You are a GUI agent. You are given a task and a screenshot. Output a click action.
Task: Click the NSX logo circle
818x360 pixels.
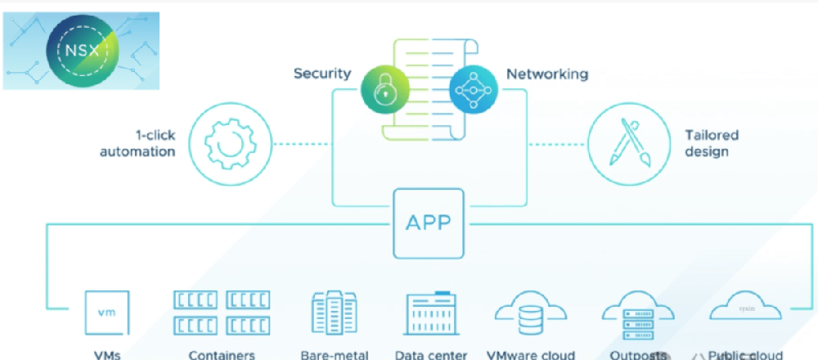pos(82,50)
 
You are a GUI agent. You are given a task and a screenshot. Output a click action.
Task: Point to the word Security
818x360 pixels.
pos(322,74)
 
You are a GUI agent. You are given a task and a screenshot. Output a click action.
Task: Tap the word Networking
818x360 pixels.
pos(547,74)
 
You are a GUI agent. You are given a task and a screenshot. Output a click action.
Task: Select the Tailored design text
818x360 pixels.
pos(712,143)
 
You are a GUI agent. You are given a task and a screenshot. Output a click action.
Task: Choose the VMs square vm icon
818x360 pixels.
pos(106,313)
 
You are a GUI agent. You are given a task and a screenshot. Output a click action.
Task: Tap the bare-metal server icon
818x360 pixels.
pos(335,313)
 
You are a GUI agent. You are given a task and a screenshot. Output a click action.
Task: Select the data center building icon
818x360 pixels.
pos(430,313)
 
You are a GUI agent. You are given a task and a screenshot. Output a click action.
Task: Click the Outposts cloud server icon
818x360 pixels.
pos(638,316)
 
